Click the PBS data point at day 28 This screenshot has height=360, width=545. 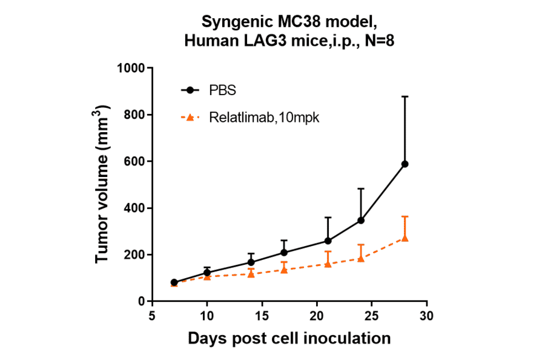coord(405,164)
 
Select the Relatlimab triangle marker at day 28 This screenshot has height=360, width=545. coord(405,238)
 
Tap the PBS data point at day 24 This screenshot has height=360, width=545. coord(361,220)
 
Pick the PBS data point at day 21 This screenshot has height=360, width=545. coord(328,241)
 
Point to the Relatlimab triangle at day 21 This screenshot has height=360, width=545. coord(328,264)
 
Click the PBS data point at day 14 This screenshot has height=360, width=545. coord(251,262)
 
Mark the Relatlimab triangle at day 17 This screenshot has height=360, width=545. coord(284,270)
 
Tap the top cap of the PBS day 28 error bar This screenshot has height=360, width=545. coord(405,96)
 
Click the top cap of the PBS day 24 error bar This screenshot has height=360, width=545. coord(361,188)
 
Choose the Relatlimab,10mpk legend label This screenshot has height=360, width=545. coord(264,118)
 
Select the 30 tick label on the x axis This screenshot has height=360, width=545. coord(427,316)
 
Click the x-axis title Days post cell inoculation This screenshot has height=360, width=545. coord(289,338)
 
